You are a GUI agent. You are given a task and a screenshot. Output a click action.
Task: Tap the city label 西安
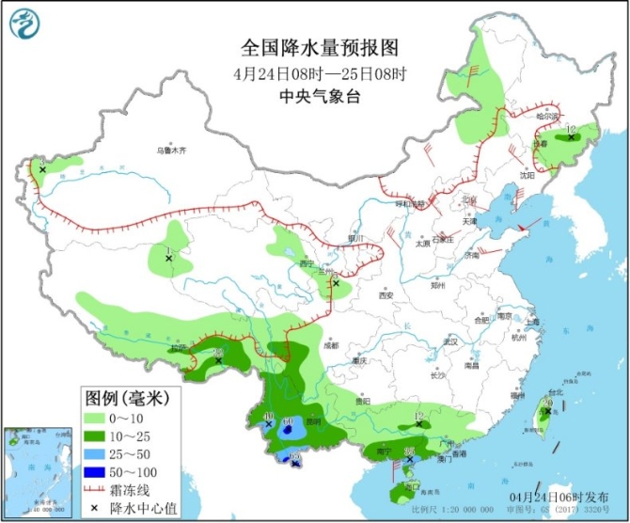pos(386,295)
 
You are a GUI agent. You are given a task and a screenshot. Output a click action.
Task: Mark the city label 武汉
pos(450,341)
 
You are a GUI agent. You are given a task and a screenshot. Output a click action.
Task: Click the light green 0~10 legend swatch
pos(97,419)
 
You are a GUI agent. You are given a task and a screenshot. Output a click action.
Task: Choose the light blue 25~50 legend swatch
pos(97,452)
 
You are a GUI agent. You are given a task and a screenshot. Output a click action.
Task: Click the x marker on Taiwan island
pos(548,410)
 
